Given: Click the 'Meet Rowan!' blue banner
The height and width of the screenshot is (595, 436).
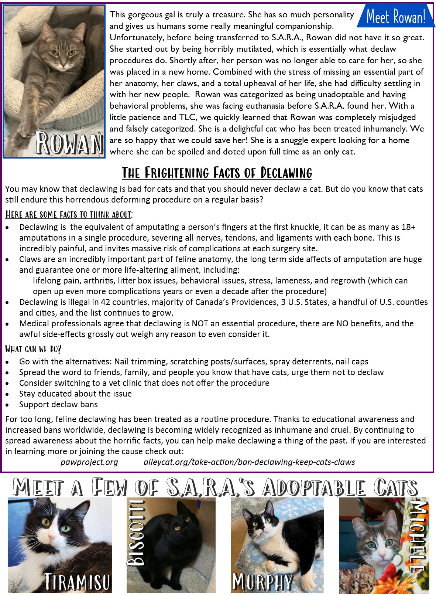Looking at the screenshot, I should coord(396,17).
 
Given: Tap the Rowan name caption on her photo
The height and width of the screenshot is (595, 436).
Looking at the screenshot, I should coord(69,143).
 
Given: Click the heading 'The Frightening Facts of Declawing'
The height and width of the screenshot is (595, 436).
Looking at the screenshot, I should coord(217,173).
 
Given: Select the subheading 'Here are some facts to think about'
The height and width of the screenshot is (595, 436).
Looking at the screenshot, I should coord(69,215).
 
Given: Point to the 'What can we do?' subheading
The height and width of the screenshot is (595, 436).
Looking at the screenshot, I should coord(33,349).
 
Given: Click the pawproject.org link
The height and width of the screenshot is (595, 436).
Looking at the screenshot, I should coord(89,462).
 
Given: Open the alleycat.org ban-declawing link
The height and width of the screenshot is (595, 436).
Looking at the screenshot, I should coord(249,462).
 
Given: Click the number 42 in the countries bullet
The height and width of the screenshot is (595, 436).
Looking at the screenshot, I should coord(105,302).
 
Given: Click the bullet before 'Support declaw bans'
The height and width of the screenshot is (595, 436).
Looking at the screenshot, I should coord(7,405).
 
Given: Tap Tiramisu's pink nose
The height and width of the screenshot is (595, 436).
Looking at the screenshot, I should coord(51,541).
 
